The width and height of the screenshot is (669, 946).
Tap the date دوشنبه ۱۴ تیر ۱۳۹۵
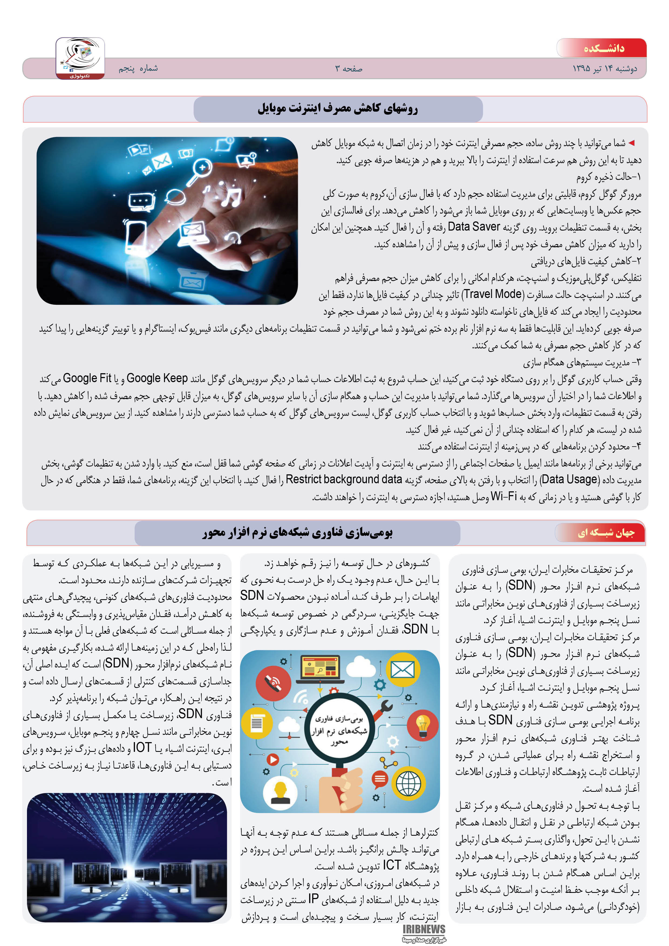[605, 68]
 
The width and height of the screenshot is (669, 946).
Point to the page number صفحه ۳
[349, 69]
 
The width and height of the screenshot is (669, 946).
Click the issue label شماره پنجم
[138, 68]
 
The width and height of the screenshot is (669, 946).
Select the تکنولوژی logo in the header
[80, 58]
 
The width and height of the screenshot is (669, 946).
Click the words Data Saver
[474, 227]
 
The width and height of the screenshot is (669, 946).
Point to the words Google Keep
[157, 378]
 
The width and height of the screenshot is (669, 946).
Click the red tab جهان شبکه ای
[606, 533]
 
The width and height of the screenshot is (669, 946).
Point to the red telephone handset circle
[273, 683]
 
